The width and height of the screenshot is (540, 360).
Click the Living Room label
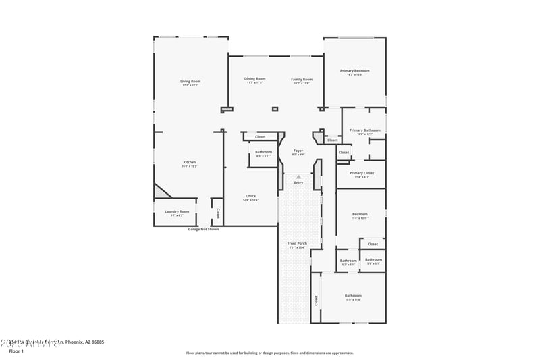190,81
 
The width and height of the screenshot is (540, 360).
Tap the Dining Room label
254,79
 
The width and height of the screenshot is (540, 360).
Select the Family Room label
301,79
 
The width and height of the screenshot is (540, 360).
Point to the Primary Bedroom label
354,71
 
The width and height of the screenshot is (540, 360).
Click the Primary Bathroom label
364,130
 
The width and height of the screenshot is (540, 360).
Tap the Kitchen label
190,162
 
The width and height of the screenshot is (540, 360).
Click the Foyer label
298,151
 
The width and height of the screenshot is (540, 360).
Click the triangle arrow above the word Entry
298,176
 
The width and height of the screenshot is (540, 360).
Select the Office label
250,196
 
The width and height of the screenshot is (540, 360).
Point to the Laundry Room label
177,211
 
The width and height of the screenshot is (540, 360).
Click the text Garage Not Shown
203,229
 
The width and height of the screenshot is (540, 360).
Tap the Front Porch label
296,243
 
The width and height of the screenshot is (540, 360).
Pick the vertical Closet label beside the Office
218,213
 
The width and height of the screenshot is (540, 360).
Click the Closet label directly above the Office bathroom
260,136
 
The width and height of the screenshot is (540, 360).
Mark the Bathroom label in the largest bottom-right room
353,296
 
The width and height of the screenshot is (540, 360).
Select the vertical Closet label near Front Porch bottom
315,299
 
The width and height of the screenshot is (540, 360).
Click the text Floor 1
16,351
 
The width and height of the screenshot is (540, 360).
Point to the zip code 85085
97,342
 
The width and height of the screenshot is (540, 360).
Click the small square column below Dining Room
275,109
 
